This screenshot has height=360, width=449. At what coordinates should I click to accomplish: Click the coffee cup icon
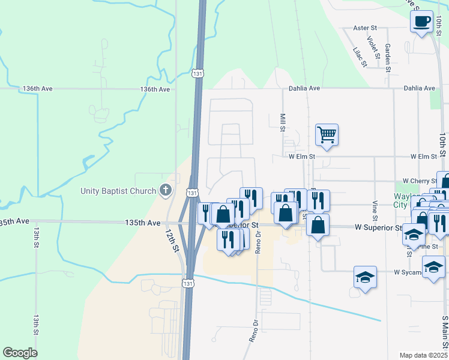pos(421,22)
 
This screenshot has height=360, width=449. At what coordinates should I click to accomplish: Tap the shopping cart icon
pos(327,134)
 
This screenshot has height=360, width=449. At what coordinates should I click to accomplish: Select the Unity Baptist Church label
pos(119,191)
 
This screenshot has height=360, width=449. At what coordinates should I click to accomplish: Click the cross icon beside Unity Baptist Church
pos(166,191)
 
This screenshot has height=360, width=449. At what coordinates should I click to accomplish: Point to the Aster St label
pos(364,28)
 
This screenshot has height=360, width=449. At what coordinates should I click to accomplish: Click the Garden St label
pos(388,57)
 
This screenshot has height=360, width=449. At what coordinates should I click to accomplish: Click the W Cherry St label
pos(419,181)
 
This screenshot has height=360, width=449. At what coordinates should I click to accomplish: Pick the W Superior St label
pos(378,228)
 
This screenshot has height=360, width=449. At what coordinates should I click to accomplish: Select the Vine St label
pos(375,209)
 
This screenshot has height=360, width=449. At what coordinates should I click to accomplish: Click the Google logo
pos(20,353)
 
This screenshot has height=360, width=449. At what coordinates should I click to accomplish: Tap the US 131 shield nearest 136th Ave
pos(197,73)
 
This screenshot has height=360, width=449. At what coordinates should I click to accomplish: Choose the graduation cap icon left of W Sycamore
pos(365,277)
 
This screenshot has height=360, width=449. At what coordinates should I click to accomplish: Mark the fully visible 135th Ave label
pos(142,223)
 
